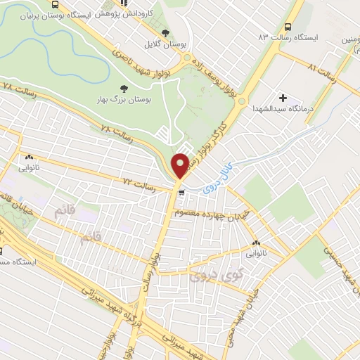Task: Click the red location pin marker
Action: coord(181,165)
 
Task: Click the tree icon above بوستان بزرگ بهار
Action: coord(124,88)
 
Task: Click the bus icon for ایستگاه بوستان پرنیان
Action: coord(55,5)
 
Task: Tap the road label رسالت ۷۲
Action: coord(138,184)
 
